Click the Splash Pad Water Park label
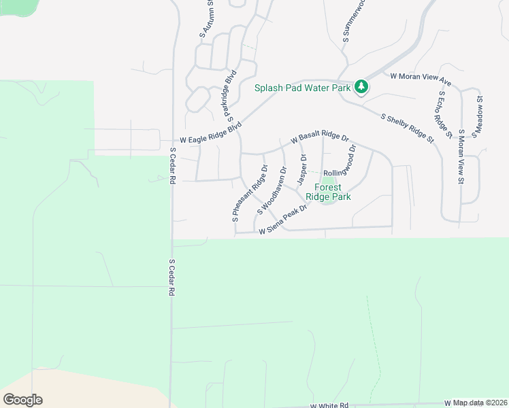click(x=303, y=88)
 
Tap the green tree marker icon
click(x=361, y=86)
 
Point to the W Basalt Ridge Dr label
click(x=320, y=139)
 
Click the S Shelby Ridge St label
click(x=408, y=129)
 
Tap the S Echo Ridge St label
click(x=445, y=114)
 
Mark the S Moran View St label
click(x=461, y=157)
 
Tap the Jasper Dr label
click(x=302, y=169)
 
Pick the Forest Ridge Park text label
click(x=328, y=192)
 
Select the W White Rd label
click(x=329, y=405)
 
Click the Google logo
click(x=22, y=400)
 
